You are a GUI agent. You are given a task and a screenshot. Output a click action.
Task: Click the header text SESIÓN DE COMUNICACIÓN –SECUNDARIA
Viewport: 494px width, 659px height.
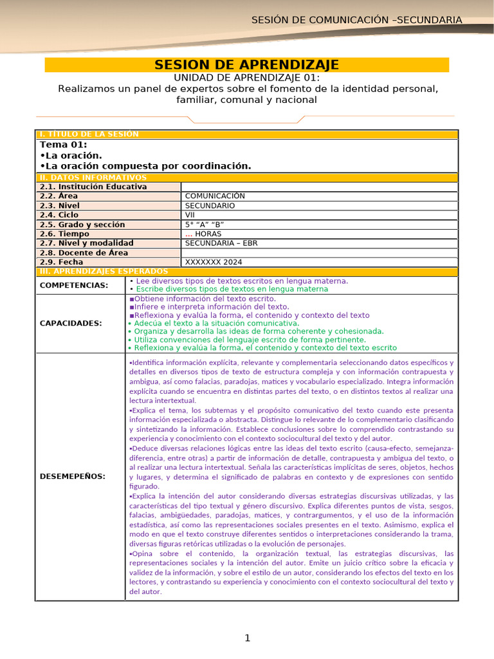click(356, 20)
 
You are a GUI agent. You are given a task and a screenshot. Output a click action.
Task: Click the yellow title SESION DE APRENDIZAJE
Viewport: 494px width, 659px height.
click(247, 65)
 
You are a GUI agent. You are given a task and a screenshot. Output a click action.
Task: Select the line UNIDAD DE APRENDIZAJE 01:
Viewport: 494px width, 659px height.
click(247, 77)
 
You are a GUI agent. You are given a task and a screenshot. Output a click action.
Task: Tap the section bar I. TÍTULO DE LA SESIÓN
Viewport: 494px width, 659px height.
click(89, 134)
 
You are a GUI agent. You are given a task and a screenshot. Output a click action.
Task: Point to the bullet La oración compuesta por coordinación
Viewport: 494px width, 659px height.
click(145, 165)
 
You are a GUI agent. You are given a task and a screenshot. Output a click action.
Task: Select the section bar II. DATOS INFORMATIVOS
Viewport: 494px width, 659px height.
click(93, 177)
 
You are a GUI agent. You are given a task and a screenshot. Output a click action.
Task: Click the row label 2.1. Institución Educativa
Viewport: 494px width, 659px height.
click(93, 187)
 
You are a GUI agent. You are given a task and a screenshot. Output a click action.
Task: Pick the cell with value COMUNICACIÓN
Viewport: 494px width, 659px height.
click(215, 196)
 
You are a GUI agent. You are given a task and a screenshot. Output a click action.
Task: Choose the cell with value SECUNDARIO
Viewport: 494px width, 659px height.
click(210, 206)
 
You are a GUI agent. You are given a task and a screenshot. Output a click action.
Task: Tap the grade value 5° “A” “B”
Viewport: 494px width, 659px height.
click(204, 225)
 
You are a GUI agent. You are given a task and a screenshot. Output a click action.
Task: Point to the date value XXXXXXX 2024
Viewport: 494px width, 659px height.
click(214, 262)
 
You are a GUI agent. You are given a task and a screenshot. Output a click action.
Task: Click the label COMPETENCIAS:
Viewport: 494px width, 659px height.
click(74, 285)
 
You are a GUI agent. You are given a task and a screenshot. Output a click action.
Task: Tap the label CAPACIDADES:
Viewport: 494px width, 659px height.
click(71, 323)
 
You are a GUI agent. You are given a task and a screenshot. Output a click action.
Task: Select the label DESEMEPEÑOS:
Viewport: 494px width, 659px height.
click(73, 476)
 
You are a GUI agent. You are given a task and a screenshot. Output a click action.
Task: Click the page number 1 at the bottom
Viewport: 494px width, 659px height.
click(247, 638)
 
